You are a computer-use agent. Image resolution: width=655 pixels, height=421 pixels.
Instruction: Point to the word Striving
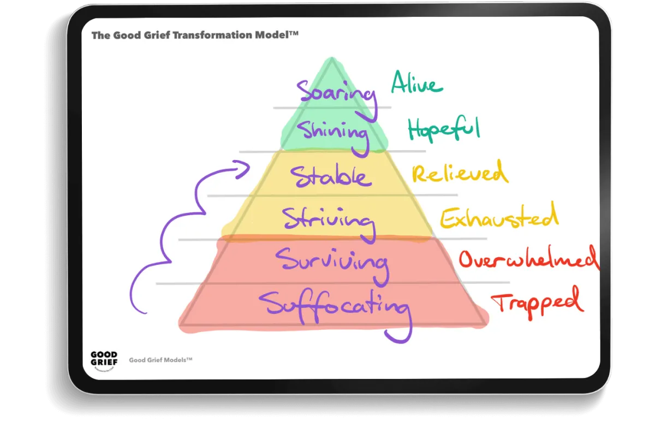(329, 220)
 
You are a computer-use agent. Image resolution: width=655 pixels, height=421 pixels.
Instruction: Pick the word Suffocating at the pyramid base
(334, 304)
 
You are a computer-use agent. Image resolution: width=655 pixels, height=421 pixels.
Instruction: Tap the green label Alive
(417, 85)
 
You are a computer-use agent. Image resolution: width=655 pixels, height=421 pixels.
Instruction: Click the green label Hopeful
(443, 130)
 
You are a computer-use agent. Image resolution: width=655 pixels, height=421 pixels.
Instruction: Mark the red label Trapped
(535, 302)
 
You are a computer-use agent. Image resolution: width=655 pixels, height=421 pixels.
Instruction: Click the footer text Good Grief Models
(160, 360)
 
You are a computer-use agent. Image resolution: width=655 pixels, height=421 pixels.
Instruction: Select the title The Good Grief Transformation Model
(195, 35)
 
